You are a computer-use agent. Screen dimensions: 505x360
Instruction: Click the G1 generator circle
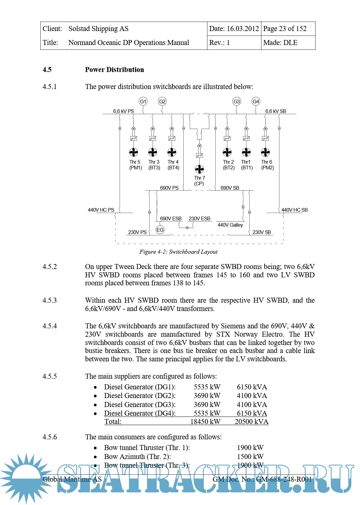click(143, 101)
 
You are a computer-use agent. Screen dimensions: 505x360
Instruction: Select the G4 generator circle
click(256, 101)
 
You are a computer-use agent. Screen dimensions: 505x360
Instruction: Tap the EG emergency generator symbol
click(160, 230)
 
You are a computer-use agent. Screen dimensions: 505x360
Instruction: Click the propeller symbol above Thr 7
click(199, 169)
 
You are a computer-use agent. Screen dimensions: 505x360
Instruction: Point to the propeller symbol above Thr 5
click(133, 152)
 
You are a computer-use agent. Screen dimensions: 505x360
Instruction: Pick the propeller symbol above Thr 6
click(265, 152)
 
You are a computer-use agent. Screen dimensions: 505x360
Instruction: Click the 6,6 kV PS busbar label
click(123, 111)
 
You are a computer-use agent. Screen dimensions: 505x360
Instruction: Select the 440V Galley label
click(230, 225)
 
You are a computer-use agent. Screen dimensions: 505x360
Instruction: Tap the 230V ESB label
click(199, 219)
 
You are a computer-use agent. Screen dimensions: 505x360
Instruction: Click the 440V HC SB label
click(294, 210)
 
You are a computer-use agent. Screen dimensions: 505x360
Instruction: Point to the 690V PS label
click(169, 188)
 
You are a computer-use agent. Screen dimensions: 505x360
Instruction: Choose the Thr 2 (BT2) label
click(229, 165)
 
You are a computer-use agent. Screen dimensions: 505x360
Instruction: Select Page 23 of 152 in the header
click(285, 29)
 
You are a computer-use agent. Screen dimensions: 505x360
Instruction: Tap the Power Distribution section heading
click(114, 70)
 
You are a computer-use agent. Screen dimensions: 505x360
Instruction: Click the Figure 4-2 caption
click(178, 252)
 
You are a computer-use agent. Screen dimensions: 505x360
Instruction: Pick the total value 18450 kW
click(205, 422)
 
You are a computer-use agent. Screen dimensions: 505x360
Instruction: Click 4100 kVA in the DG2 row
click(252, 396)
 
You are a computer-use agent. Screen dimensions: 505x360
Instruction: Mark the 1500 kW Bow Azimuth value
click(250, 456)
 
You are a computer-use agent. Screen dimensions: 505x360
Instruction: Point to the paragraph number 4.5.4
click(50, 326)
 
